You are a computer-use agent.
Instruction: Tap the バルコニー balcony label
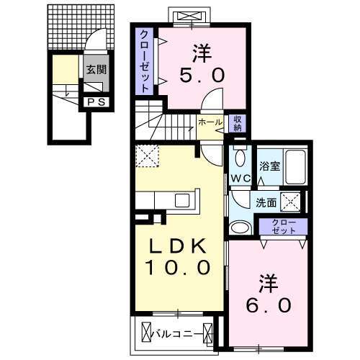tap(176, 333)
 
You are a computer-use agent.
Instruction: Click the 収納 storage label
tap(238, 123)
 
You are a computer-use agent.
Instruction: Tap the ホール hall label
tap(210, 123)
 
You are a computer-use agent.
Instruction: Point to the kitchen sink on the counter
tap(180, 200)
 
